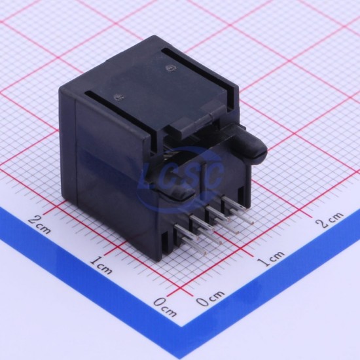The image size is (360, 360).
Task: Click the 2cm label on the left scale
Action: point(39,225)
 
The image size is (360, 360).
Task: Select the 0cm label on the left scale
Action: point(165,307)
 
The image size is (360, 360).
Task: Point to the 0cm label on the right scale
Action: point(210,298)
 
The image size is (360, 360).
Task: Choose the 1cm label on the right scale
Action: point(271,259)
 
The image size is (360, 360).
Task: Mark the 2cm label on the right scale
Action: point(330,220)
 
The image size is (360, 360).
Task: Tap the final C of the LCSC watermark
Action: point(215,175)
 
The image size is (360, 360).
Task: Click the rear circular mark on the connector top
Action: point(170,68)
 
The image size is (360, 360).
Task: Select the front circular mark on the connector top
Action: point(119,98)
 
